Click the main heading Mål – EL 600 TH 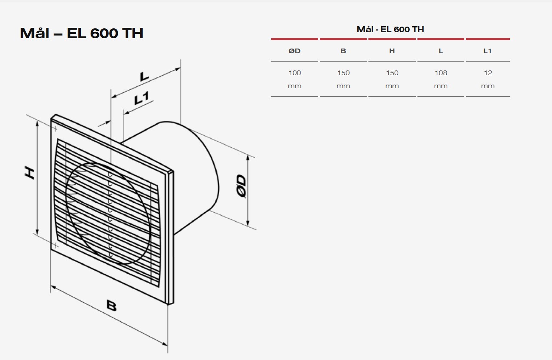[82, 34]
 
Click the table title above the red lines [390, 29]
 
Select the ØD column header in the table [294, 51]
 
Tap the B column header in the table [343, 51]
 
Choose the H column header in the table [392, 51]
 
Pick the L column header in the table [441, 51]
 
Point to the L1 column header [488, 51]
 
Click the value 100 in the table [294, 73]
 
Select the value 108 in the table [441, 73]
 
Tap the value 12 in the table [488, 73]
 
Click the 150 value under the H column [392, 73]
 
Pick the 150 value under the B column [343, 73]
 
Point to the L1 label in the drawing [141, 98]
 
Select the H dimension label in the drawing [29, 173]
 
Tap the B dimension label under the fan [111, 306]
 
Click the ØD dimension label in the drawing [241, 186]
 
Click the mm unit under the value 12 [488, 86]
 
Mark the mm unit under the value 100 [294, 86]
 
